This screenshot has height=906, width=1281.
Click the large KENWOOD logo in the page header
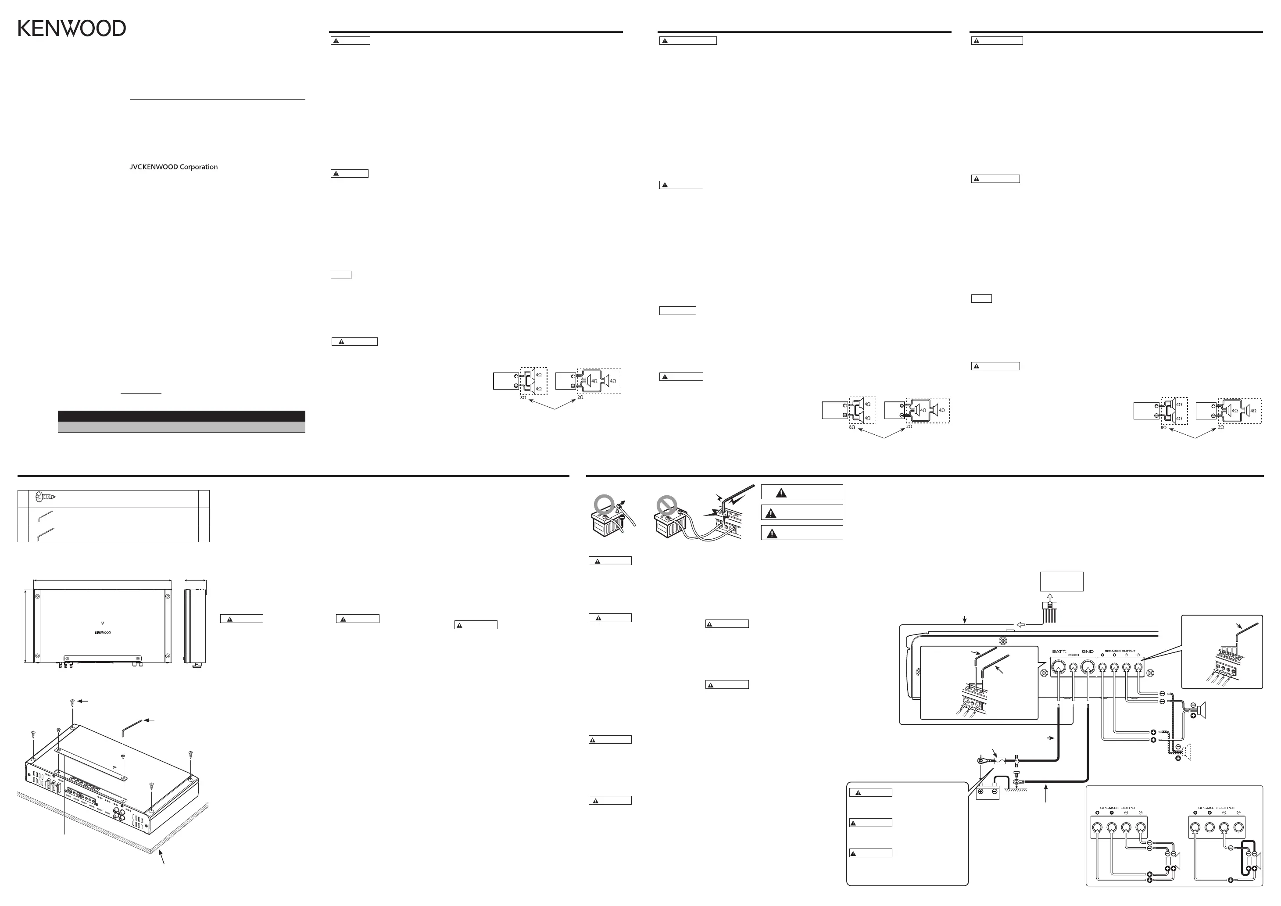pyautogui.click(x=72, y=29)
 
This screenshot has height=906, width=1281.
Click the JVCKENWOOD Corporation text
pyautogui.click(x=174, y=167)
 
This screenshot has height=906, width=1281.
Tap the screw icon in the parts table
pyautogui.click(x=45, y=497)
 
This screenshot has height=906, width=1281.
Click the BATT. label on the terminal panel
pyautogui.click(x=1059, y=651)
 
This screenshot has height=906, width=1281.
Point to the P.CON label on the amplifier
pyautogui.click(x=1073, y=655)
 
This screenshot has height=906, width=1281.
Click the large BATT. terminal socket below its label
pyautogui.click(x=1059, y=667)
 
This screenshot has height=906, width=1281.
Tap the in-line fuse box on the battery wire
pyautogui.click(x=999, y=760)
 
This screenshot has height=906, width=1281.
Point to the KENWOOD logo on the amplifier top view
pyautogui.click(x=103, y=633)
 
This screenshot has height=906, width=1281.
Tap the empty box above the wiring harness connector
pyautogui.click(x=1061, y=581)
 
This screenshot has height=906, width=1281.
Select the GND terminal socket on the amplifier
pyautogui.click(x=1088, y=667)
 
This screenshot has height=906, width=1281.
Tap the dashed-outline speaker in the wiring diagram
pyautogui.click(x=1184, y=752)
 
